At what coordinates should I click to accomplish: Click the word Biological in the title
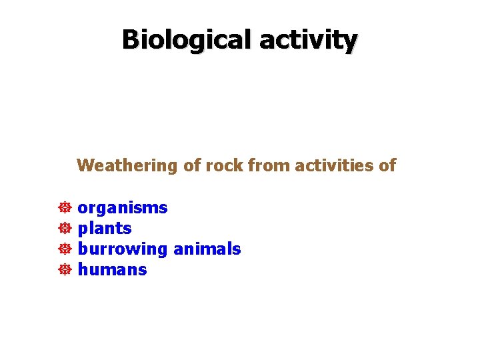187,40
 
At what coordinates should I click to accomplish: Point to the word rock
225,165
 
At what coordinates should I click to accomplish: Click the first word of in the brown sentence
192,165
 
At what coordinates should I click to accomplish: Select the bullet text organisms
123,208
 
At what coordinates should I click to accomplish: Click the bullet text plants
105,229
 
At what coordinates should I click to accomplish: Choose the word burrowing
123,249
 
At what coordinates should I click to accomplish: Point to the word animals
207,249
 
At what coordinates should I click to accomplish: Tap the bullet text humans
112,270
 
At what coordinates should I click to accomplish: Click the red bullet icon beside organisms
65,208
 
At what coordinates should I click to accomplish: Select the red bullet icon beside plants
65,229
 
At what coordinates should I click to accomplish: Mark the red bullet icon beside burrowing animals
65,249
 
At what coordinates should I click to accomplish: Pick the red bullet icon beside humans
65,270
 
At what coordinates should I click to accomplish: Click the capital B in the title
131,40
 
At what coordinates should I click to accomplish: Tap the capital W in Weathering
85,165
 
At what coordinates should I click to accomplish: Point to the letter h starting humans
83,270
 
